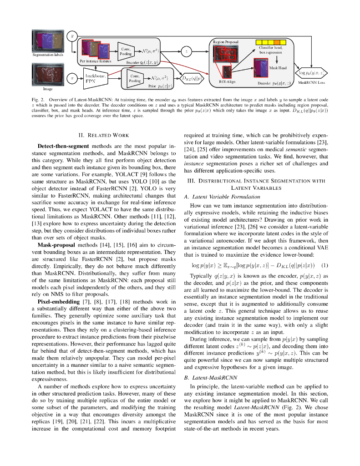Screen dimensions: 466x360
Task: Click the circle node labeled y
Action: point(71,35)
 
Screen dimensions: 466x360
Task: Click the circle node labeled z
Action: point(186,51)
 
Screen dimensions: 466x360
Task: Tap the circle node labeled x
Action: point(71,78)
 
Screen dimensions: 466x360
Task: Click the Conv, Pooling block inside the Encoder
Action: point(127,51)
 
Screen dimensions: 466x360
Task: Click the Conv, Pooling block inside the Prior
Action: point(135,78)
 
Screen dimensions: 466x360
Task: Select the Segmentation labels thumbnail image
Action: point(48,41)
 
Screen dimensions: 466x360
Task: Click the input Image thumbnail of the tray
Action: point(48,75)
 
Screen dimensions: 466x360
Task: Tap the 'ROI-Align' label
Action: point(226,82)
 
